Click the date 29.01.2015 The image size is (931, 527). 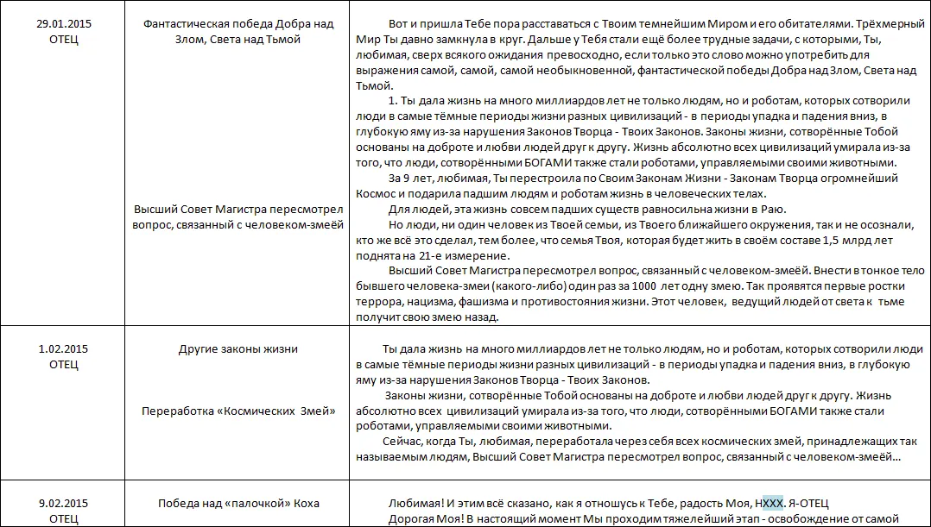64,23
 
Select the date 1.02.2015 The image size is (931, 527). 64,349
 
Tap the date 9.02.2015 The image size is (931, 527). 64,503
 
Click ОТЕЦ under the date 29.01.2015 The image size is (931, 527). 64,39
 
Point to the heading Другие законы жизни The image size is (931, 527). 237,349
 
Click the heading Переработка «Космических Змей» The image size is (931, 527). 238,411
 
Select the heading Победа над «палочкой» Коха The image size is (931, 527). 238,503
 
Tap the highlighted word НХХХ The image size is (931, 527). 769,503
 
